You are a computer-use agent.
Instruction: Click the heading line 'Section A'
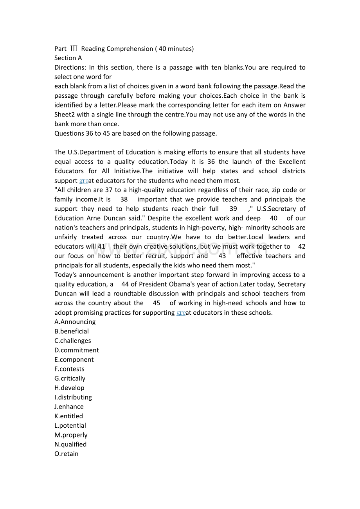(x=68, y=58)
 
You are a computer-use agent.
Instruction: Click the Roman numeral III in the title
(x=74, y=48)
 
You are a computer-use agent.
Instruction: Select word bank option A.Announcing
(x=75, y=322)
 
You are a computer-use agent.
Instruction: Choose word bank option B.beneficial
(x=72, y=331)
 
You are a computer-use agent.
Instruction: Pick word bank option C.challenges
(x=73, y=341)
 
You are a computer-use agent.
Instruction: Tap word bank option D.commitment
(x=77, y=350)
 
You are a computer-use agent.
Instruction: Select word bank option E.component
(x=74, y=359)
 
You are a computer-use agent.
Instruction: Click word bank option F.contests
(x=69, y=369)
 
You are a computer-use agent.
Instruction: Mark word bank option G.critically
(x=70, y=378)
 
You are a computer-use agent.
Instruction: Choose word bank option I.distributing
(x=73, y=397)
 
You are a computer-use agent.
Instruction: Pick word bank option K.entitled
(x=68, y=416)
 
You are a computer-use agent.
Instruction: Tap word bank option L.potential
(x=70, y=425)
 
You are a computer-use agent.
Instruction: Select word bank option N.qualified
(x=70, y=444)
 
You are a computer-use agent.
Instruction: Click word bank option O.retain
(x=67, y=453)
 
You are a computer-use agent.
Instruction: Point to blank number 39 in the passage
(x=233, y=209)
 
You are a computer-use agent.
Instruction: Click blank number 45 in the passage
(x=157, y=303)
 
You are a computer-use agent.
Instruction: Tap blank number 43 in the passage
(x=222, y=256)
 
